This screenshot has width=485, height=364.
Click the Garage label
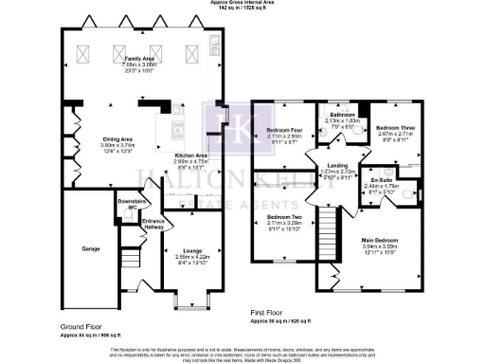coord(91,248)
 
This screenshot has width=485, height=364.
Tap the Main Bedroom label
coord(381,240)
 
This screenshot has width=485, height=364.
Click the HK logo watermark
coord(221,123)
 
